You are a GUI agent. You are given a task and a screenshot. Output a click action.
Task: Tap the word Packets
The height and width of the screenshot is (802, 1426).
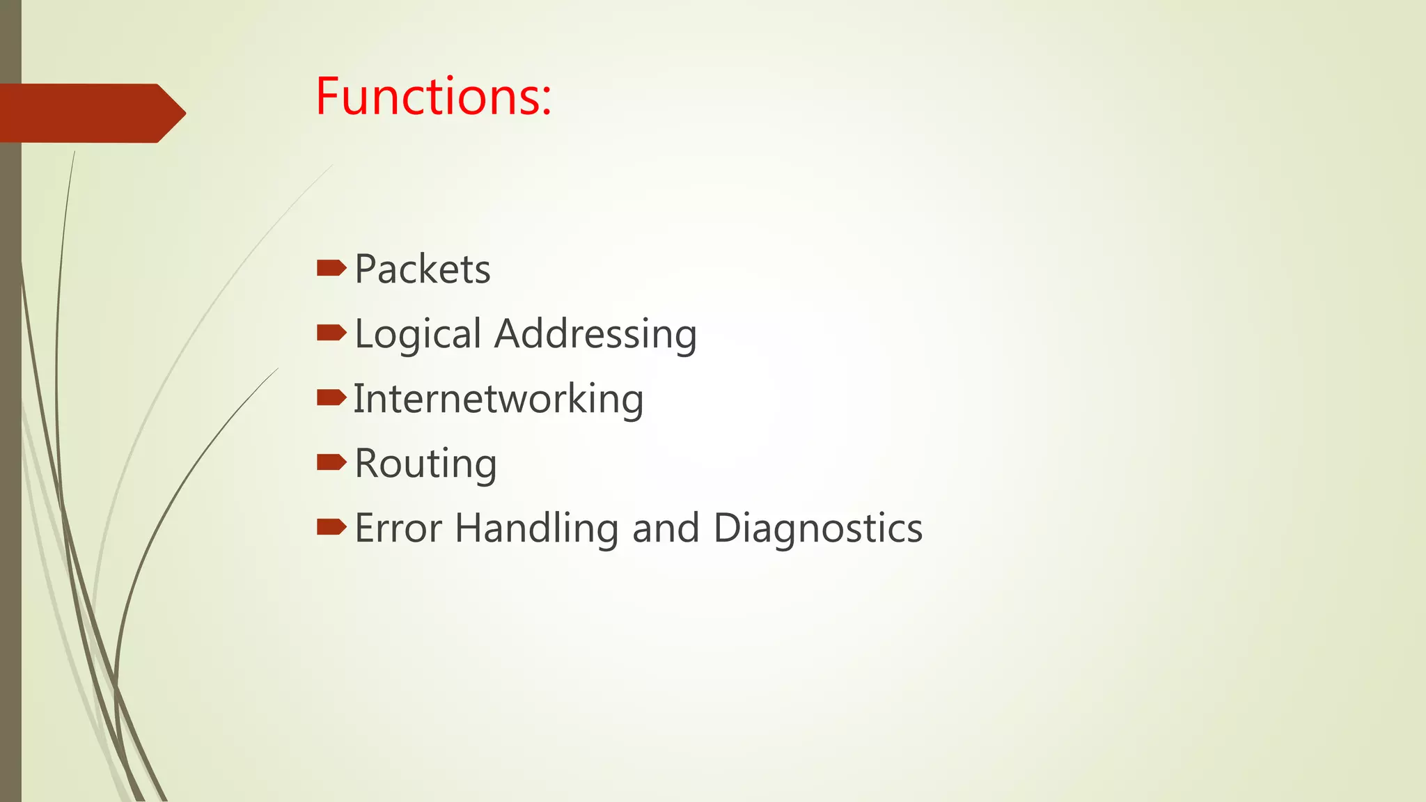pos(423,269)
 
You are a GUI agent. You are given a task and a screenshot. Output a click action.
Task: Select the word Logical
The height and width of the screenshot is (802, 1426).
pos(418,334)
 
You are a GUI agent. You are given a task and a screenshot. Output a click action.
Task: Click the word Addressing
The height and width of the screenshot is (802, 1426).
pos(595,334)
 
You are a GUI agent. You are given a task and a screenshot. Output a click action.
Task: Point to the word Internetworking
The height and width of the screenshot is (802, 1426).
pos(499,399)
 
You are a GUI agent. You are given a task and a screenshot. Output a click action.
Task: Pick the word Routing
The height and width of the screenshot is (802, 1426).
pos(425,464)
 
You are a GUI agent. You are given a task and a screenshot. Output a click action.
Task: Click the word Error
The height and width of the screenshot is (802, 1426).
pos(398,528)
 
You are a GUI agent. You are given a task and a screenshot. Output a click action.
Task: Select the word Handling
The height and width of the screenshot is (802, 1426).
pos(536,528)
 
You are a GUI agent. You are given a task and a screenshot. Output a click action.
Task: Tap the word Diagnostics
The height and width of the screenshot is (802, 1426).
pos(818,528)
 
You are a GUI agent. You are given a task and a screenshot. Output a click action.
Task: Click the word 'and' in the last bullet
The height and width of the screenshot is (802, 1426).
pos(666,528)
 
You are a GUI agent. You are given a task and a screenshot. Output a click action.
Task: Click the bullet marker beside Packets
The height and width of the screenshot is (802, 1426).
pos(331,268)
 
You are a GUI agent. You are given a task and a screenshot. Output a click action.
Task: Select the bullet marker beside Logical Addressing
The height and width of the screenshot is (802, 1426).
pos(331,333)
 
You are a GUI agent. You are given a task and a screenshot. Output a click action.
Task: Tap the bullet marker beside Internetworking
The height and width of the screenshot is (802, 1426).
pos(331,398)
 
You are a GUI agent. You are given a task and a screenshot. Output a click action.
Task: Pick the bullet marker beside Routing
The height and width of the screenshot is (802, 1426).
pos(331,462)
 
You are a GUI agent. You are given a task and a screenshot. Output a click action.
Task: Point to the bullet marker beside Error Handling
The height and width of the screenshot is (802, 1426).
pos(331,527)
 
